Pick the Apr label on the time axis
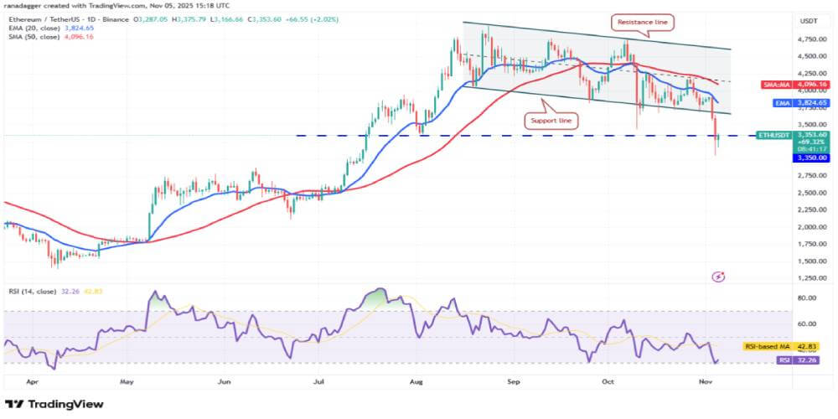[x=32, y=380]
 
